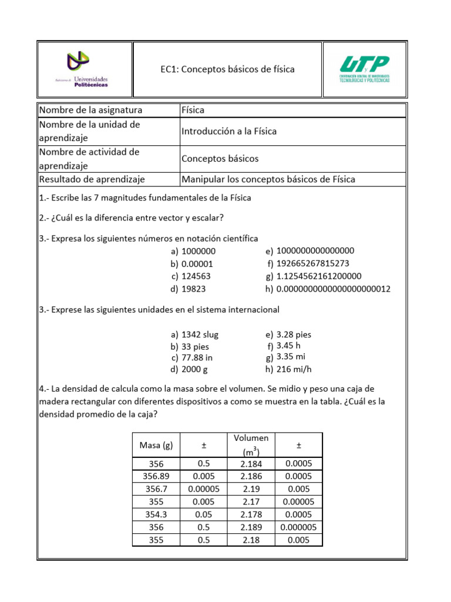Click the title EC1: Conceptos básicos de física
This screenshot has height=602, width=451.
coord(228,69)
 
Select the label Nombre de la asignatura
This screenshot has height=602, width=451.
coord(90,111)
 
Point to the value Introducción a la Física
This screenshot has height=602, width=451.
coord(229,131)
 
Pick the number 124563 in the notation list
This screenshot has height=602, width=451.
coord(196,276)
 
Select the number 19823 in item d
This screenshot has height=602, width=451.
coord(194,289)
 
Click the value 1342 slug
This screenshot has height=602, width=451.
coord(200,335)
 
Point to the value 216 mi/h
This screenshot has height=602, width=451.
coord(294,370)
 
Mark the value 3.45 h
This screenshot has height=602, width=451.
coord(288,346)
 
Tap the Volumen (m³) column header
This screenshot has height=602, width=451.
coord(251,445)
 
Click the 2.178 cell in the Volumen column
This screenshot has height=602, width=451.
coord(251,514)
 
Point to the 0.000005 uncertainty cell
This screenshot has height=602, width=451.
coord(299,527)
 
